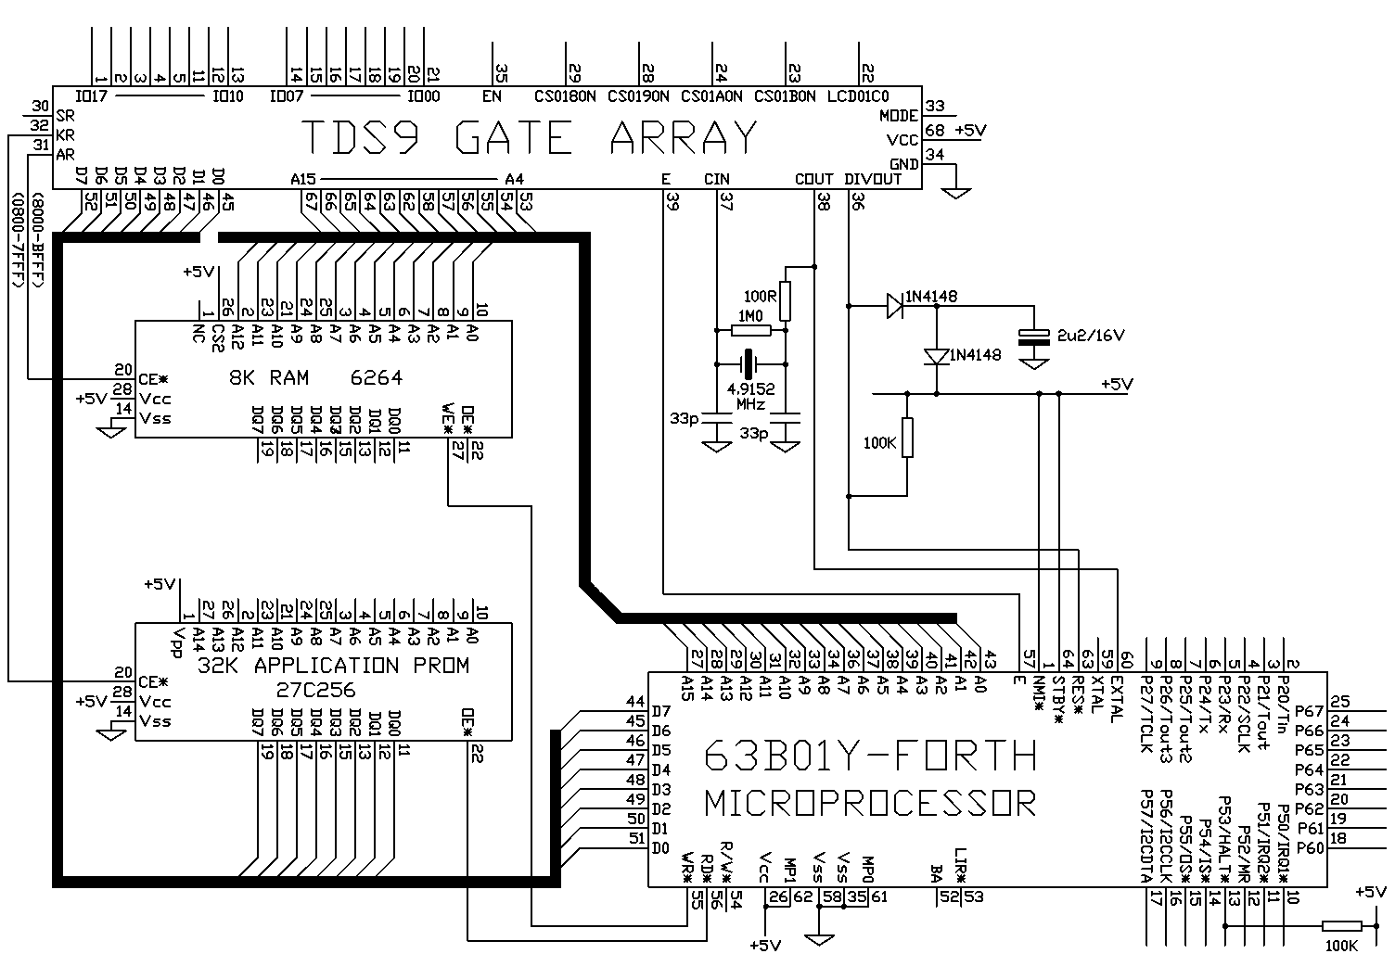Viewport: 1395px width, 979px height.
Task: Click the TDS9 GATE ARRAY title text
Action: (530, 139)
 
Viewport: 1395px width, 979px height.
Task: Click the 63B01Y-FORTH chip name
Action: (870, 756)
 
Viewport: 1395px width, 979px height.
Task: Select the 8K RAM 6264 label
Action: (315, 378)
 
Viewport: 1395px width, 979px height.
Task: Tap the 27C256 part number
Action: (315, 691)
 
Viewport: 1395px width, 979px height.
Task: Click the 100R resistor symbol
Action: (786, 300)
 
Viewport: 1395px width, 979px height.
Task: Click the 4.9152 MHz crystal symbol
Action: (749, 362)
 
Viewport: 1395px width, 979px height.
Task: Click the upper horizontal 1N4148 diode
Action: (894, 305)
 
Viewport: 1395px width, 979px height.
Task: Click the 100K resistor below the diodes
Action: (907, 438)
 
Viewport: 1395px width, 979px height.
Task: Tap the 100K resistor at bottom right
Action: (1341, 925)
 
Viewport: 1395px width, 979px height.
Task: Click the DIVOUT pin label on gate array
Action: (874, 179)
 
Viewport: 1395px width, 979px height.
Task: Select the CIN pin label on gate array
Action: (717, 179)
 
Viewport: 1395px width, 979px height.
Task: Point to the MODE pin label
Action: (899, 116)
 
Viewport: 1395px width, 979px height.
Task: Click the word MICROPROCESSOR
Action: (870, 802)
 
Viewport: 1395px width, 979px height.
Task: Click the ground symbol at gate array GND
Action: (955, 192)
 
